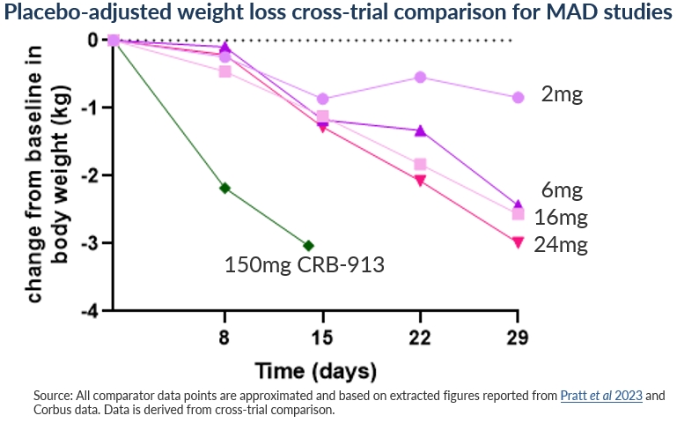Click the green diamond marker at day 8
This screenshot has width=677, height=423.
(224, 188)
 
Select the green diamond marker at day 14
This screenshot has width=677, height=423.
(308, 245)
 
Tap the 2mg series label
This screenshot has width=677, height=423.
(563, 94)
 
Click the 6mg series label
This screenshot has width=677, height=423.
(563, 189)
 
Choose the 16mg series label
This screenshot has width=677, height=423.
(561, 217)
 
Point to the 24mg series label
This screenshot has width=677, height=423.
(561, 244)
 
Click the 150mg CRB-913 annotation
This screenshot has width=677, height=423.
(304, 264)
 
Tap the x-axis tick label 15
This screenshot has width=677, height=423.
(322, 338)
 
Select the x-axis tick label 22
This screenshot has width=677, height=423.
(420, 338)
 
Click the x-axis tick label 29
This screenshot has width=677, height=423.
(518, 338)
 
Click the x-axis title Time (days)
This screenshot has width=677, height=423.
(316, 369)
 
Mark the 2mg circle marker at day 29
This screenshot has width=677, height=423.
(518, 97)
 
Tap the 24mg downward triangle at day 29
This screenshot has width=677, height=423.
(518, 242)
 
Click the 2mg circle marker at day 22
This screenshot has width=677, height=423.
(420, 78)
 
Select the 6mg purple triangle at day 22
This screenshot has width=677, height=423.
(420, 130)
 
